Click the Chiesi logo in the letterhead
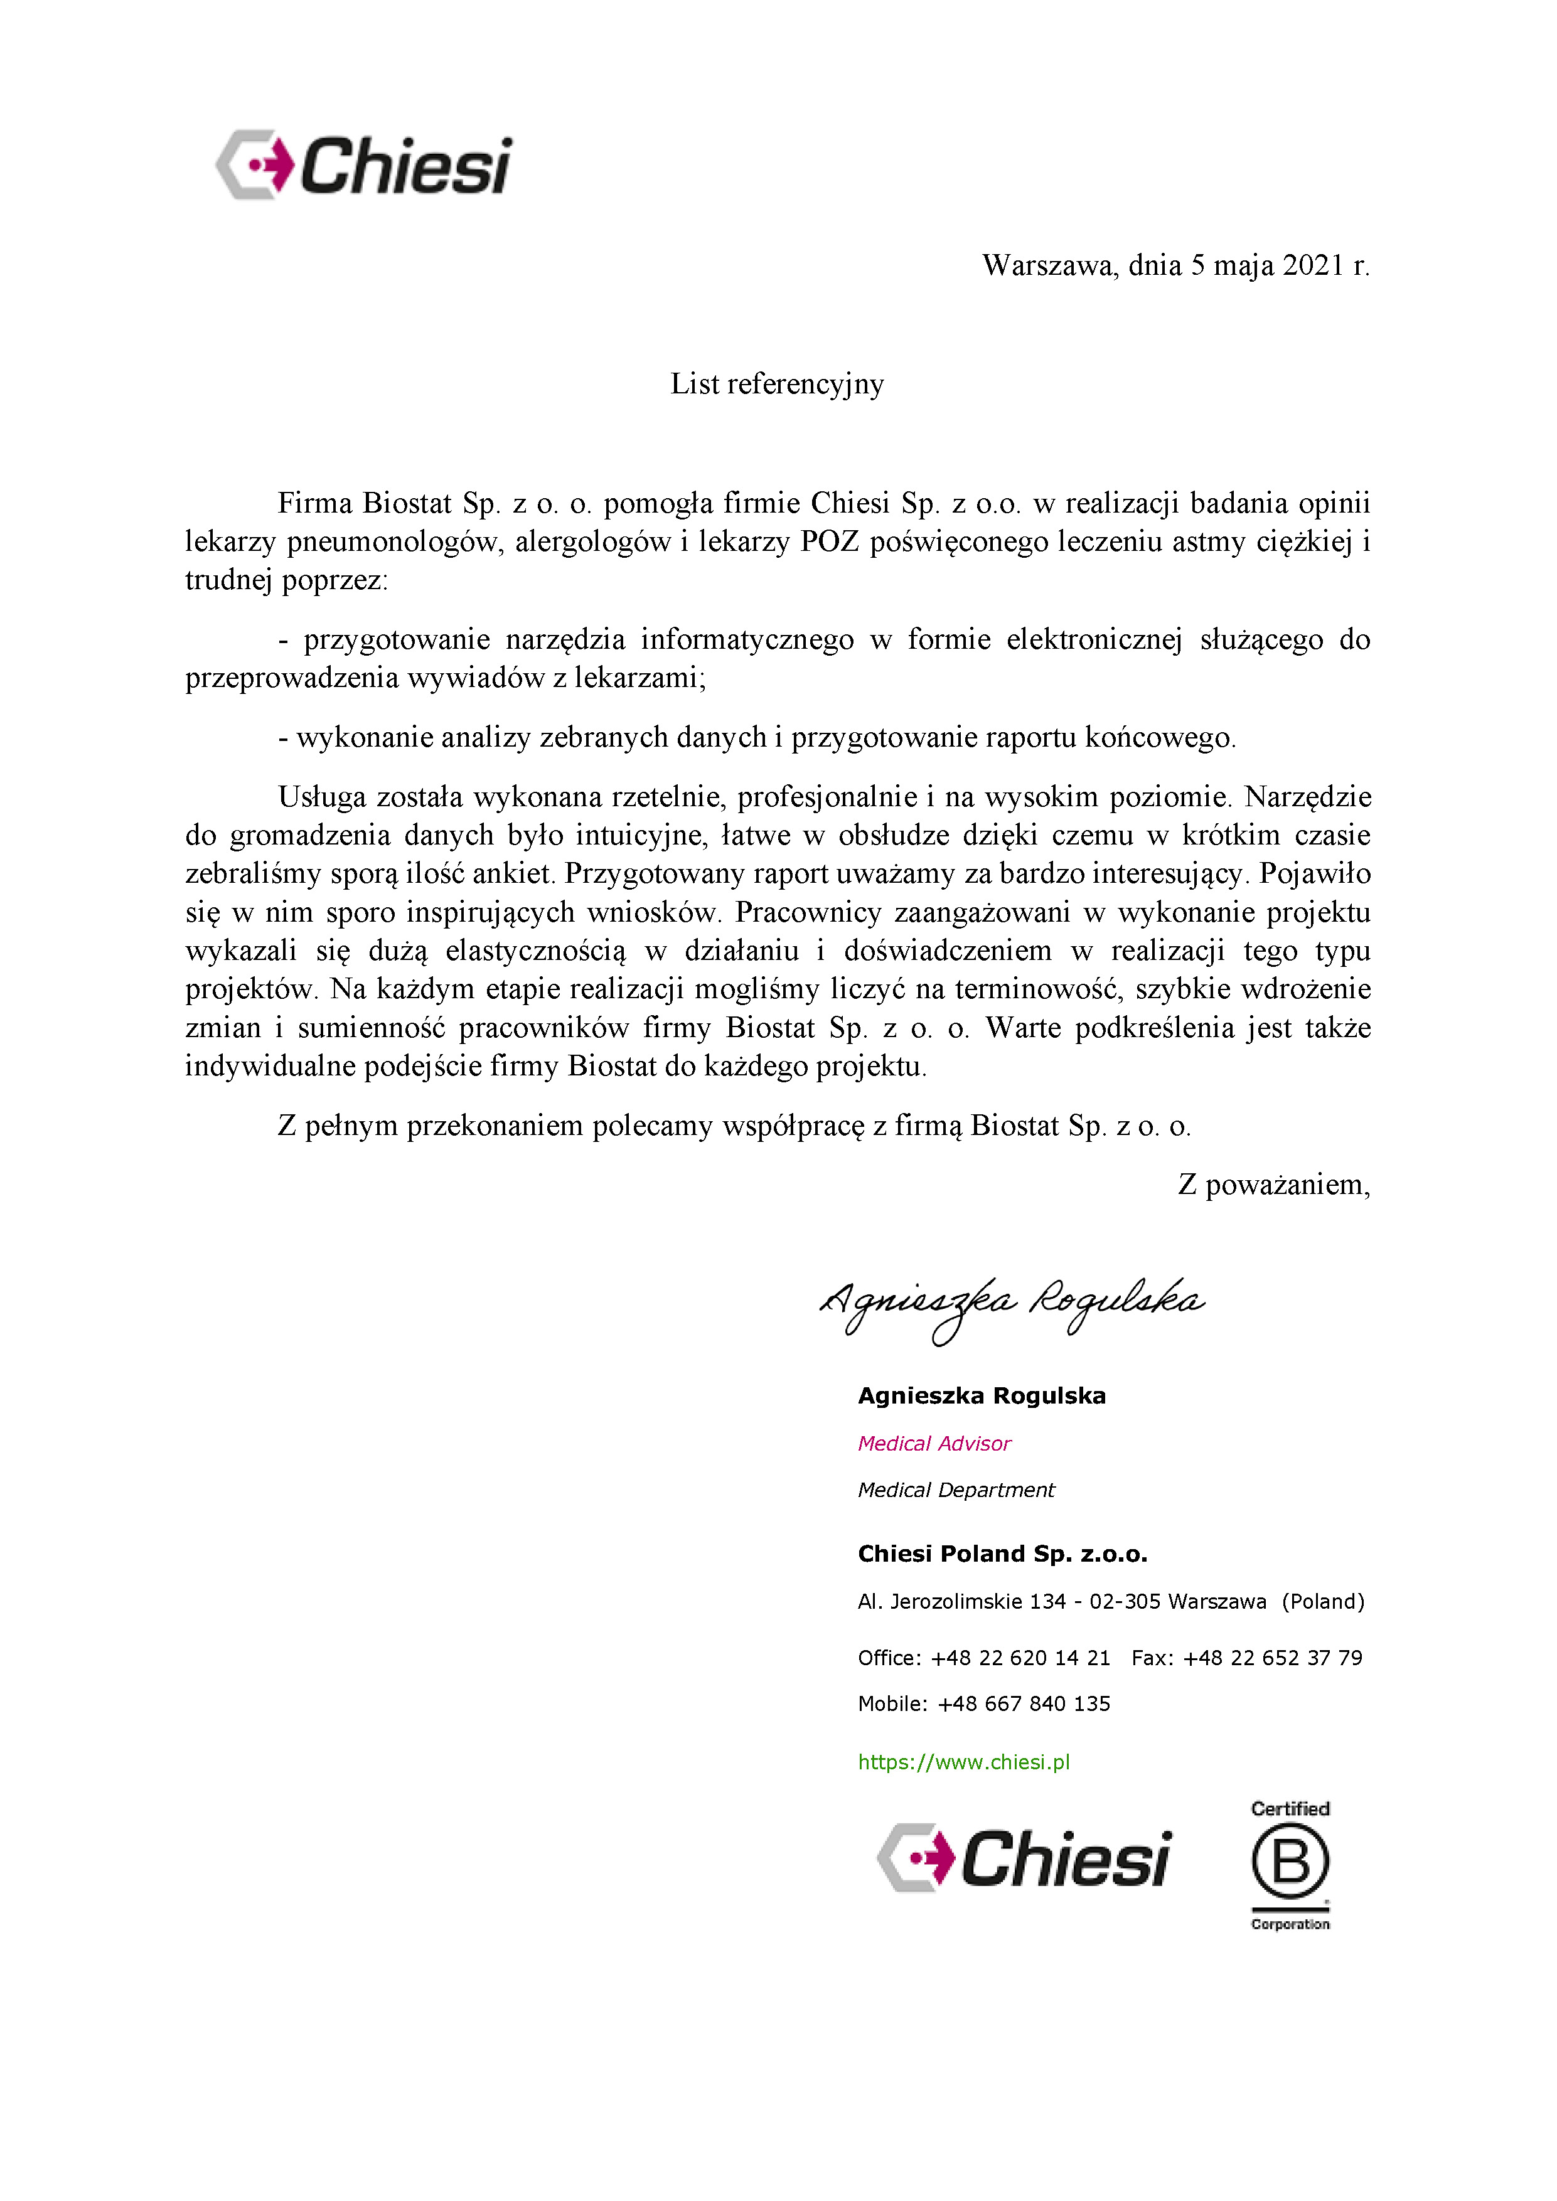[365, 166]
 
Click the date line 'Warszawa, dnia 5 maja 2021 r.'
[1175, 265]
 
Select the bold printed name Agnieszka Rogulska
[981, 1396]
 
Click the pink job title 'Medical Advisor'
[934, 1444]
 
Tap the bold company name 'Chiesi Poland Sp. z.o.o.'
[1002, 1554]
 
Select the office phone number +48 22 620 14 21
[1020, 1658]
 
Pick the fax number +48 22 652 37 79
[1272, 1658]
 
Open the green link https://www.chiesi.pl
[963, 1762]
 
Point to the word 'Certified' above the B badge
[1290, 1809]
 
